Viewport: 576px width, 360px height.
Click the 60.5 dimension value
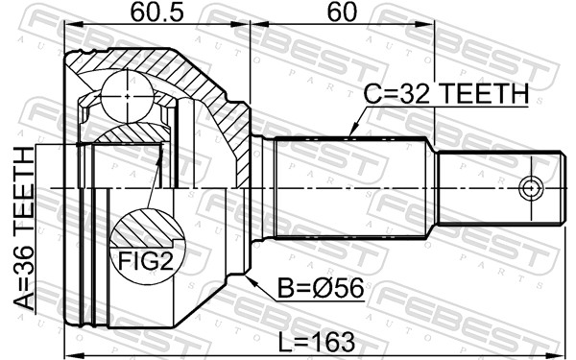(156, 12)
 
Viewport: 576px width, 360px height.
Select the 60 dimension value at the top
(342, 12)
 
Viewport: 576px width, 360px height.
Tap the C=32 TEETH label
(446, 94)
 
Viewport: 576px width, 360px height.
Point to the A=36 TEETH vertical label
(23, 228)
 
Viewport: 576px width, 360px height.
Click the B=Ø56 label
(321, 288)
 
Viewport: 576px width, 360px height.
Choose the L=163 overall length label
(317, 342)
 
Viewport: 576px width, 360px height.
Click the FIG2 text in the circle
(146, 261)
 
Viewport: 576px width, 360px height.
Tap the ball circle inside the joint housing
(127, 97)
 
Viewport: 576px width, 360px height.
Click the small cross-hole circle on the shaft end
(531, 189)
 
